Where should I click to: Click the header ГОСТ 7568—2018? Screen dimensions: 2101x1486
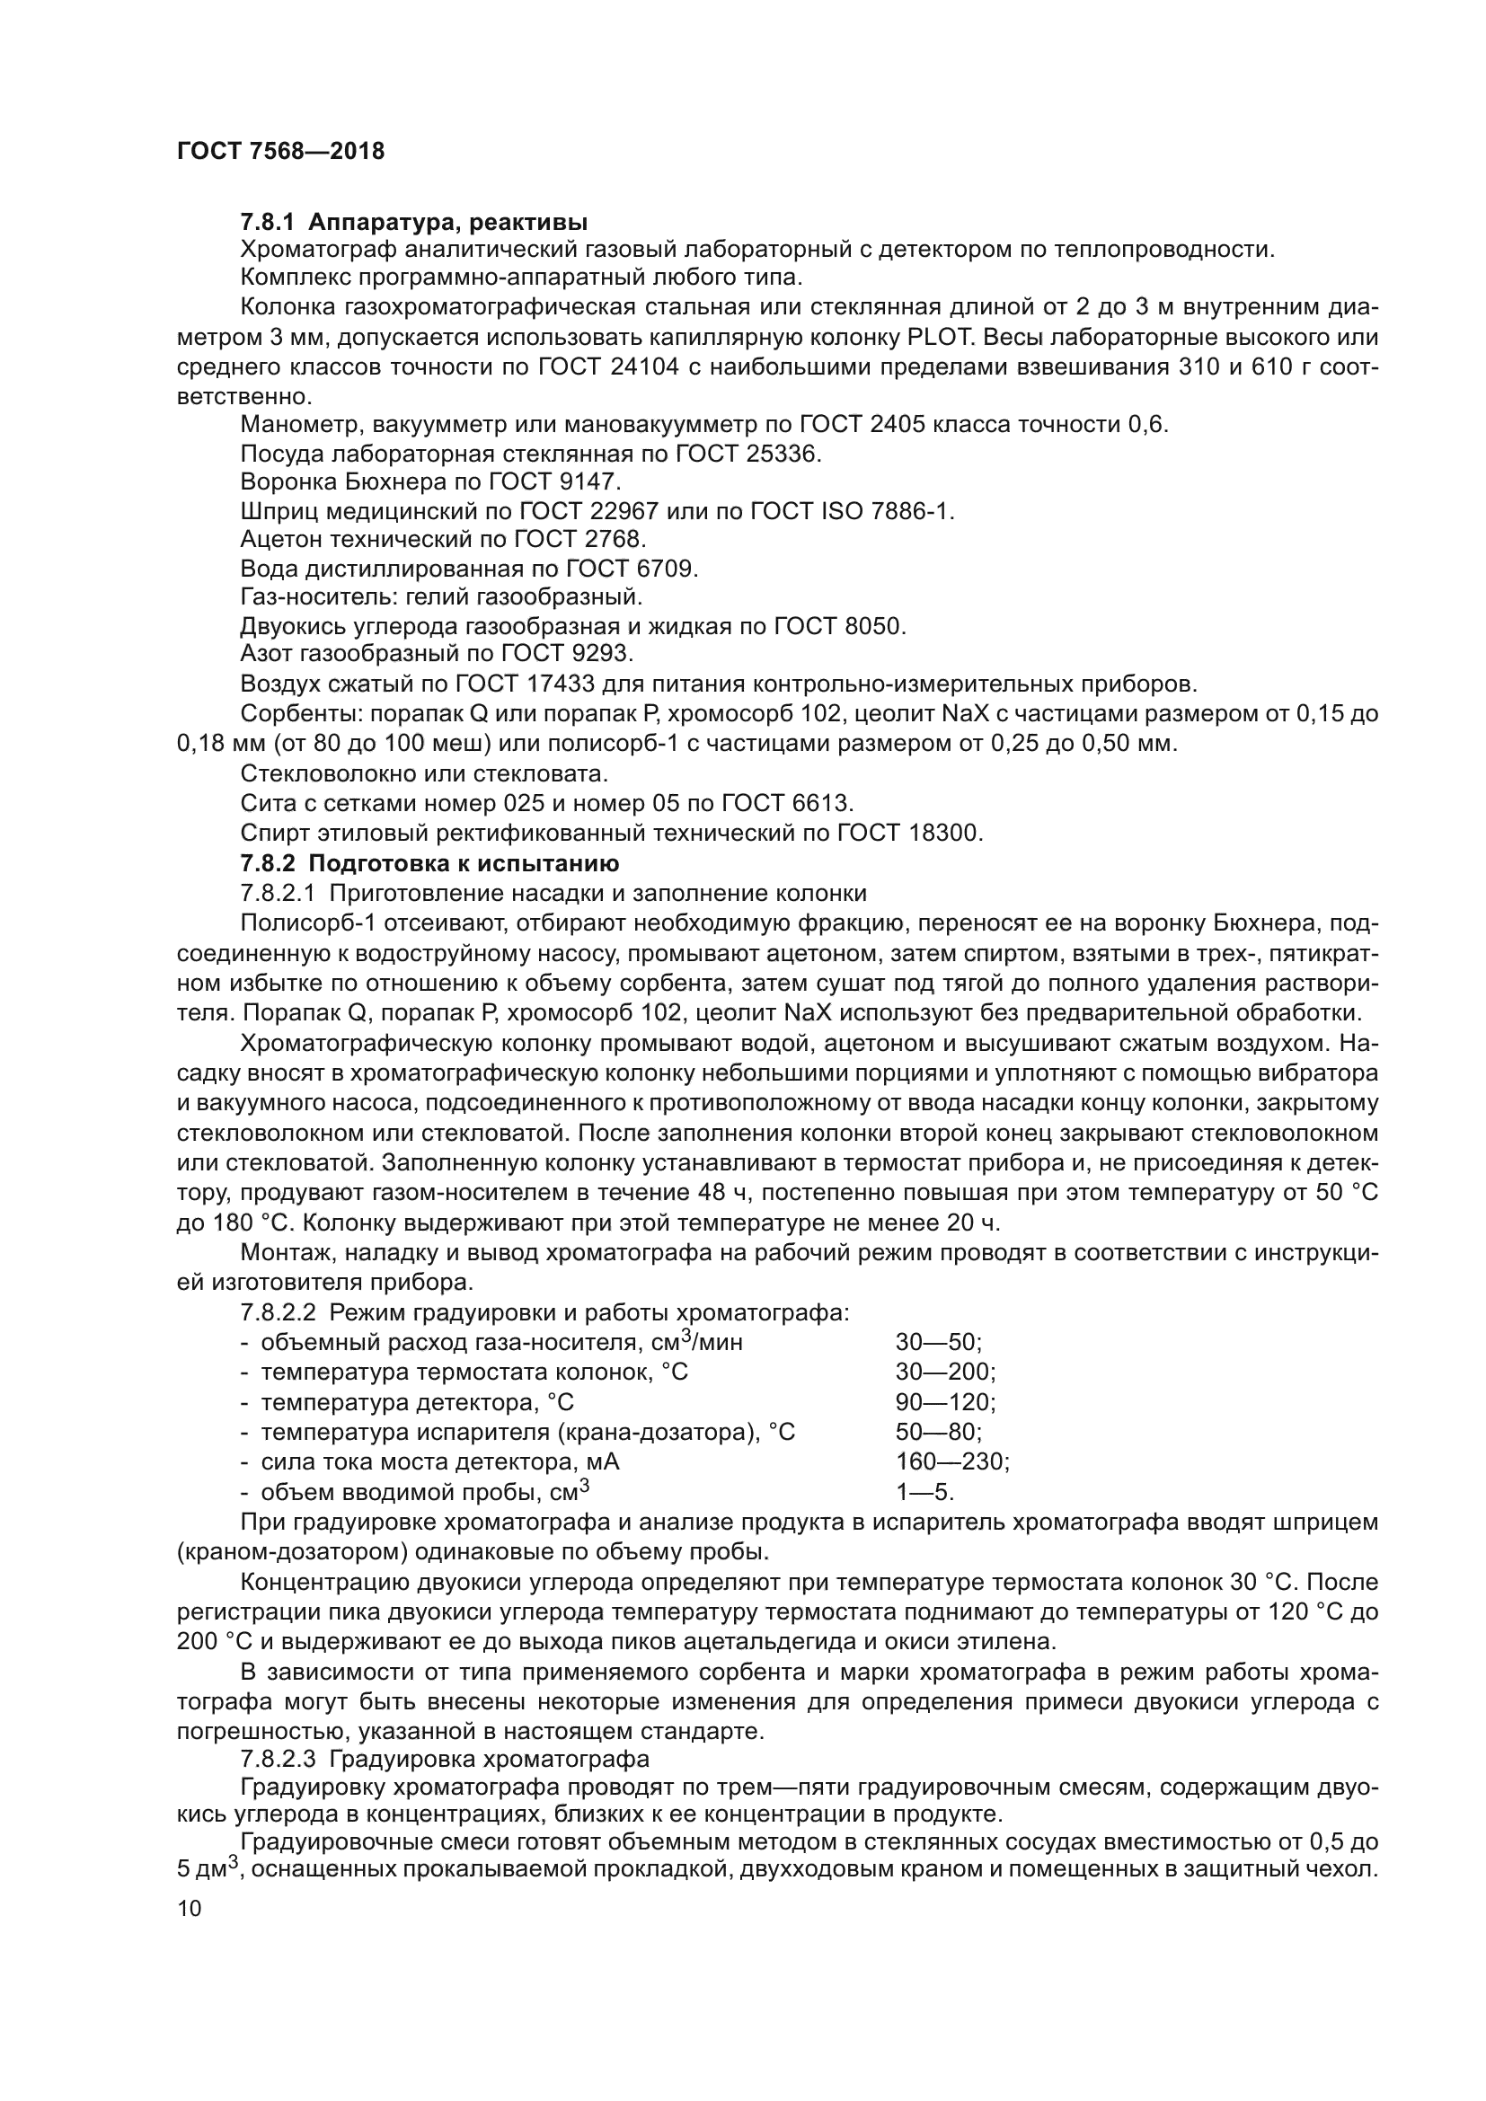280,152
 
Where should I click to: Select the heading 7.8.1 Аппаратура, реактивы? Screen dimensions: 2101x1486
413,222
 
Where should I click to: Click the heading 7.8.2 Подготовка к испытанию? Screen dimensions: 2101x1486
429,863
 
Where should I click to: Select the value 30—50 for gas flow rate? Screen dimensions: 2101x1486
938,1342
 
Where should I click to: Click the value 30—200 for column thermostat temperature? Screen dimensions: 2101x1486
945,1372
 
